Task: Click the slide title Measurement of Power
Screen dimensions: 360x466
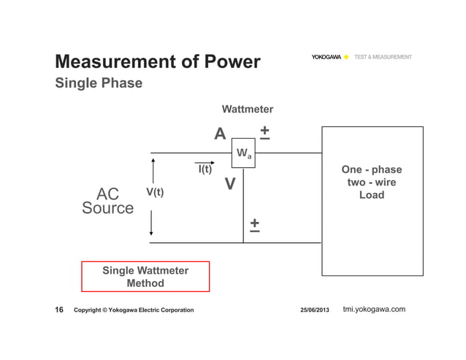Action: [x=158, y=62]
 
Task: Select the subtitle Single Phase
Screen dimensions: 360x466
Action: [x=99, y=83]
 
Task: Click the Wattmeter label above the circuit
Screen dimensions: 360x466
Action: [x=247, y=110]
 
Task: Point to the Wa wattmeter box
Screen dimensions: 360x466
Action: [x=243, y=153]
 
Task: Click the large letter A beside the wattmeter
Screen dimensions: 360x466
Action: [x=220, y=134]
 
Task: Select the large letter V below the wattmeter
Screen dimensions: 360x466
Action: [x=229, y=185]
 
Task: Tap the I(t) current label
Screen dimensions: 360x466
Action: [x=205, y=170]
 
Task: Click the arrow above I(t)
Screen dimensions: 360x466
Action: [x=205, y=162]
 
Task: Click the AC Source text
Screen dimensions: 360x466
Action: [x=108, y=202]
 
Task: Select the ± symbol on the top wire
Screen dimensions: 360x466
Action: [x=264, y=132]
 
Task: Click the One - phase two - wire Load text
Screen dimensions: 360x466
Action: [x=372, y=183]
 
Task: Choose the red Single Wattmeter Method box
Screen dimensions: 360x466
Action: [x=145, y=277]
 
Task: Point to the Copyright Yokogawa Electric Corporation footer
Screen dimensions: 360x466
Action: [x=134, y=310]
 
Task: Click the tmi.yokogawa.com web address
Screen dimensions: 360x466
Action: [x=374, y=310]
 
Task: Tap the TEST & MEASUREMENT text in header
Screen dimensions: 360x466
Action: [x=383, y=57]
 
